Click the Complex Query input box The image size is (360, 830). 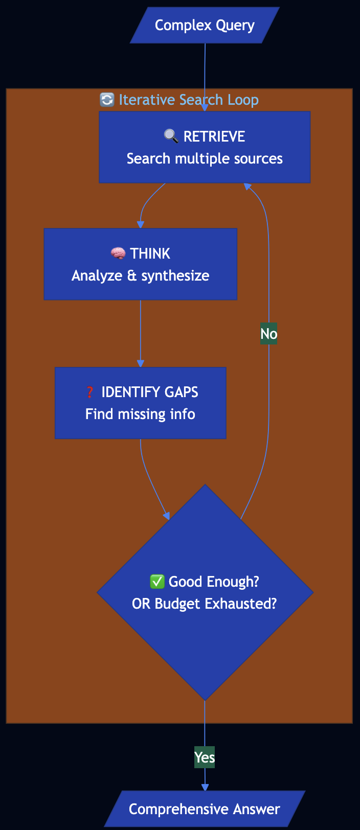(205, 25)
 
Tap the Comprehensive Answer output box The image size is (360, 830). (205, 809)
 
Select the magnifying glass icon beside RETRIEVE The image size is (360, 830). (171, 136)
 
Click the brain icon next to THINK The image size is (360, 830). (118, 253)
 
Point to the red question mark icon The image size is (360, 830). (90, 392)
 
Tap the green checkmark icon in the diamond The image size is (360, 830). (156, 582)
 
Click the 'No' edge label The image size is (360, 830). (268, 334)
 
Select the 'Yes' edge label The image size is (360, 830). (205, 757)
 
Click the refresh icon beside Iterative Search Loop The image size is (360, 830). (107, 100)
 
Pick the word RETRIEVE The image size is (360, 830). (214, 136)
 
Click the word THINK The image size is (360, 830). (150, 253)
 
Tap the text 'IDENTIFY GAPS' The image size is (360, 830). (150, 392)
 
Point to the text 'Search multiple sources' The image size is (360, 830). (205, 158)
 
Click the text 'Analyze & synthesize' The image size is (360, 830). (141, 276)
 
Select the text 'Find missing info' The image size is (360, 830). (141, 414)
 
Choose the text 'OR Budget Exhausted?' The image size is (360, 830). (205, 604)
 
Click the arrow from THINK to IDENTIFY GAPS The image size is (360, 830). (141, 332)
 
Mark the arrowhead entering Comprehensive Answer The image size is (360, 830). (205, 788)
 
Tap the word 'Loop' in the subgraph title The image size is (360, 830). (243, 100)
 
